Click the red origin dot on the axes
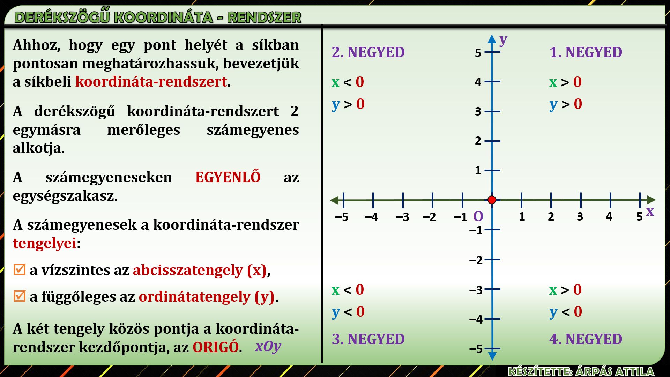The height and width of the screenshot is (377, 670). click(492, 200)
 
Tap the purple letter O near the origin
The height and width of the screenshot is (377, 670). click(478, 216)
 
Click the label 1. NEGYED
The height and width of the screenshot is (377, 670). click(586, 52)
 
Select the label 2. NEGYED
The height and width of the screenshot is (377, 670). click(368, 52)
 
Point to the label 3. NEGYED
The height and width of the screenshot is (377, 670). click(368, 339)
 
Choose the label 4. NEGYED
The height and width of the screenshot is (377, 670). click(586, 339)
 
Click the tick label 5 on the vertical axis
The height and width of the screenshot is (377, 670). click(478, 53)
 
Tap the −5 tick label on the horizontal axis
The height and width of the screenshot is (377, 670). click(342, 217)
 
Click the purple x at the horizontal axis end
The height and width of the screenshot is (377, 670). click(650, 211)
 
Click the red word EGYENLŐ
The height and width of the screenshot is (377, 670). click(228, 177)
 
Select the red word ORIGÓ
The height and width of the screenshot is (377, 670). click(216, 347)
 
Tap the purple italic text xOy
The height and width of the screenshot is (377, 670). click(268, 346)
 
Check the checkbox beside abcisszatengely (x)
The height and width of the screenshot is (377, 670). click(20, 269)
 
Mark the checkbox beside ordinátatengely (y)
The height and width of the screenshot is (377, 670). click(20, 296)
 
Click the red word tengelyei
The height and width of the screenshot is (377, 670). click(45, 243)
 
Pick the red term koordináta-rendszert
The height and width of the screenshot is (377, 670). click(151, 82)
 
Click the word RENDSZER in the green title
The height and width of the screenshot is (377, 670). click(264, 17)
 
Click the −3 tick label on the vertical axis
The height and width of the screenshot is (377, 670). click(476, 290)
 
